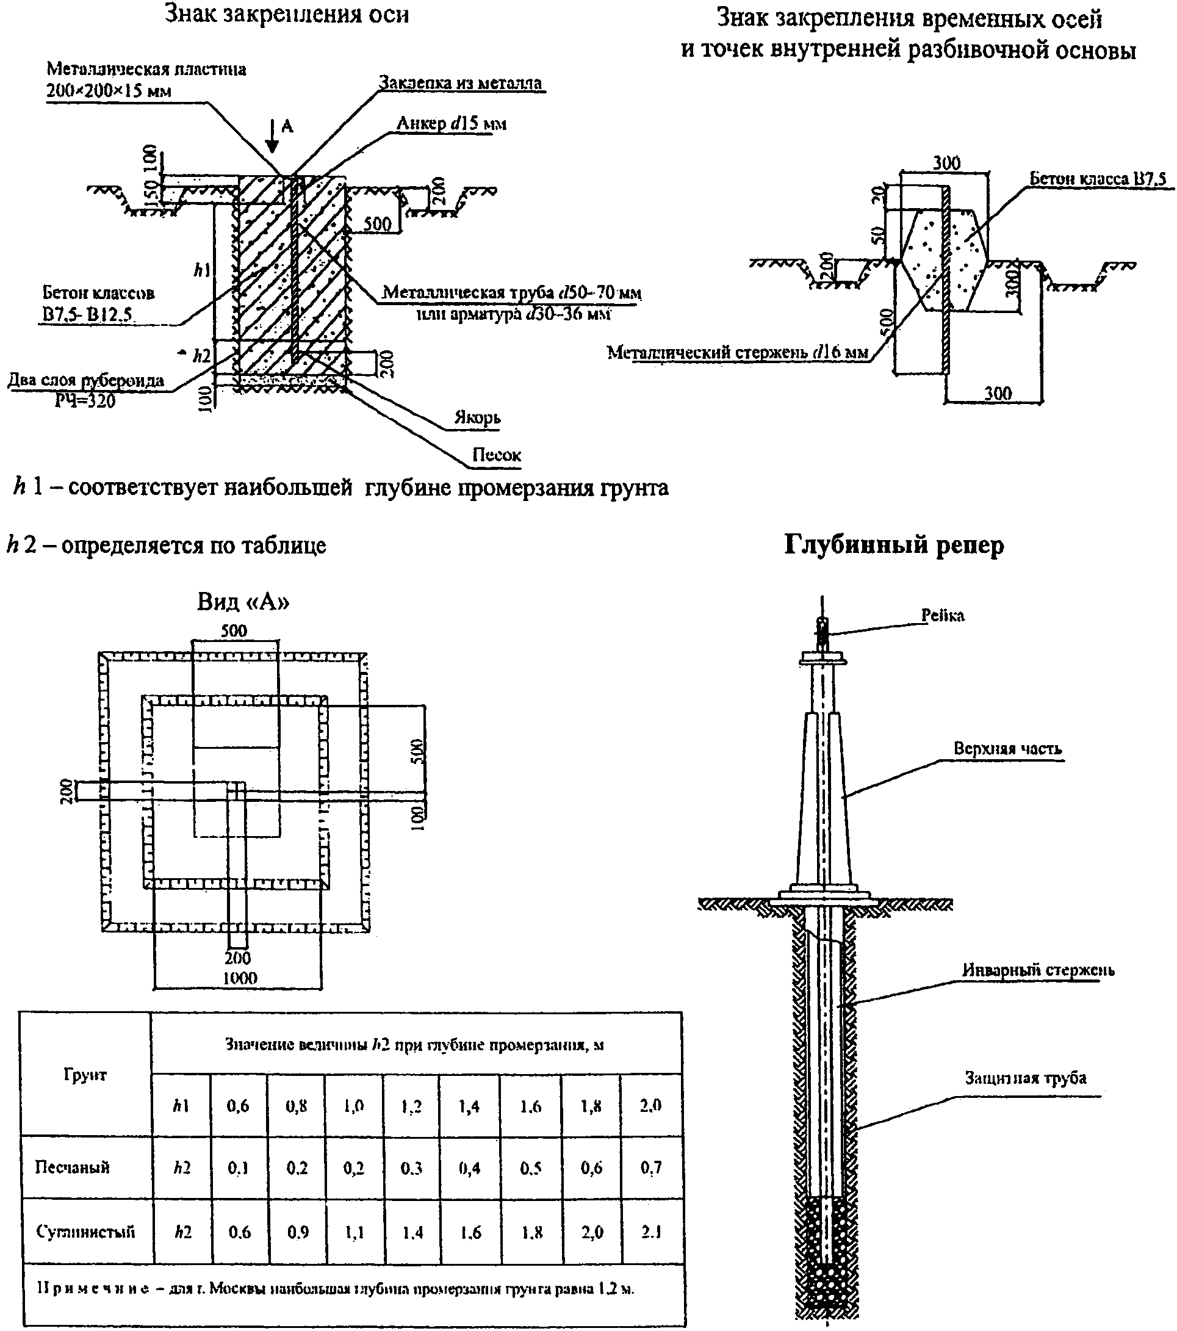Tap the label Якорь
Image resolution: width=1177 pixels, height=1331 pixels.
(477, 417)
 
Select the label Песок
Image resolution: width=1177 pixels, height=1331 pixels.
(496, 455)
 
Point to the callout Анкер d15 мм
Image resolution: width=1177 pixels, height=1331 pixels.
(451, 123)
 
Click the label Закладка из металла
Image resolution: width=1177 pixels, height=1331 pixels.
(460, 84)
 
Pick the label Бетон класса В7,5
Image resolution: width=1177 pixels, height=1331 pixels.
(1098, 178)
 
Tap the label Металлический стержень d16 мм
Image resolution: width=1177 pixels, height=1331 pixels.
(738, 352)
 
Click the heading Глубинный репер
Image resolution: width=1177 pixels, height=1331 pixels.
(893, 544)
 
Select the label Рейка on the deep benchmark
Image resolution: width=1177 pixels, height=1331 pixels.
(942, 615)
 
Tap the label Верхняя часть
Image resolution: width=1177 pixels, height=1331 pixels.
(1007, 748)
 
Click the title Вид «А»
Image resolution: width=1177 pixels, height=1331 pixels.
(243, 602)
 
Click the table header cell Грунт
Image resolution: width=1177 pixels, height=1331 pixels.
(85, 1075)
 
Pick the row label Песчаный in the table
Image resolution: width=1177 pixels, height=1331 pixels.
(72, 1166)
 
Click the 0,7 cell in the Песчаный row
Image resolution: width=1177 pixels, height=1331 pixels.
(651, 1167)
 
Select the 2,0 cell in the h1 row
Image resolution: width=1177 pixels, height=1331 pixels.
(650, 1105)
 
